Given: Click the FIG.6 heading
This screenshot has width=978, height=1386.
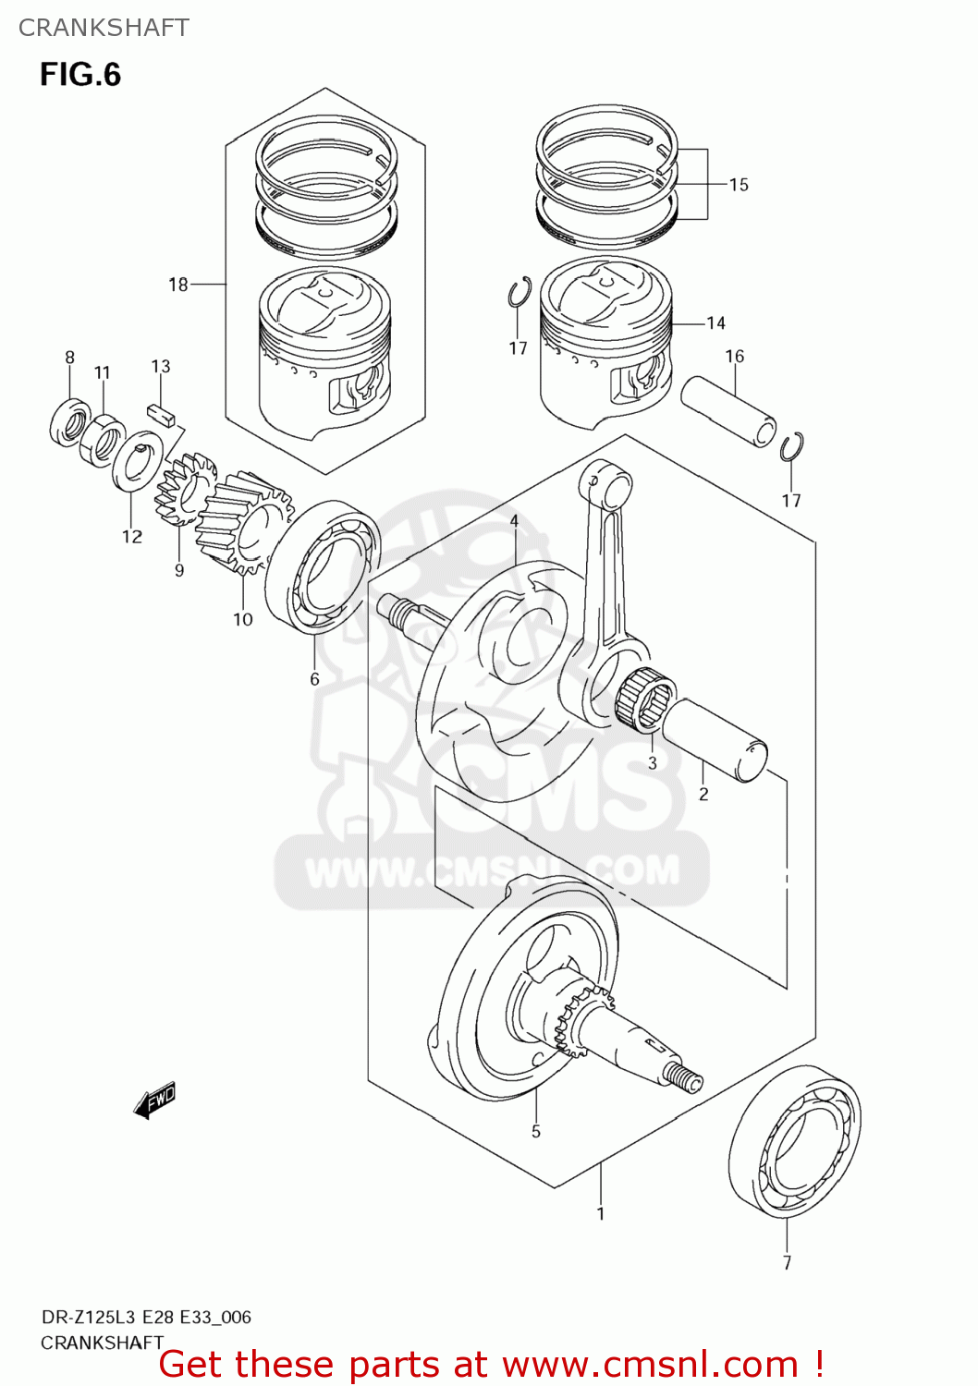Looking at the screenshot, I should click(x=80, y=75).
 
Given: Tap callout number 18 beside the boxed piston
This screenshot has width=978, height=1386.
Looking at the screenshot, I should click(x=177, y=285).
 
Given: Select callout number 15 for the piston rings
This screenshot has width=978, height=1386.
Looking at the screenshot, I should click(x=738, y=185).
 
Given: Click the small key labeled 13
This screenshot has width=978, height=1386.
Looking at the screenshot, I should click(x=162, y=412).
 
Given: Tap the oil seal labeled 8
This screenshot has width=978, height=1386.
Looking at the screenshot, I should click(x=69, y=421).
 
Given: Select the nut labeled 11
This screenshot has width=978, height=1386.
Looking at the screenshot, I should click(x=103, y=439).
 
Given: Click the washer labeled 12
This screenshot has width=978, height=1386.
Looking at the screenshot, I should click(x=138, y=462).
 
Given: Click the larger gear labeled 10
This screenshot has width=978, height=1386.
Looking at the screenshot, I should click(x=242, y=522).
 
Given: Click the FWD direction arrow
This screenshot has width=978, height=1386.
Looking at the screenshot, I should click(x=154, y=1100).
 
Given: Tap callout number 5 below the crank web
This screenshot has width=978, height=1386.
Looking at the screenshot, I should click(x=535, y=1132).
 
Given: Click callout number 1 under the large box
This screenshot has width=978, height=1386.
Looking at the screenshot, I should click(x=600, y=1213).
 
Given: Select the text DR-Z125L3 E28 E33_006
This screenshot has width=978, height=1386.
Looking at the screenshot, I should click(x=145, y=1317).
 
